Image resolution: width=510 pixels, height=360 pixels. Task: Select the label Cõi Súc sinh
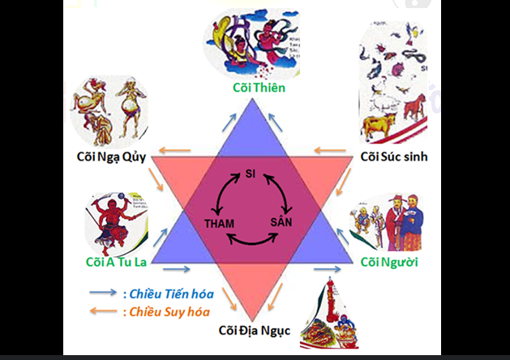tap(393, 155)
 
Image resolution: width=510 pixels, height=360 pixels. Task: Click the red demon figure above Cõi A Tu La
tap(108, 221)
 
